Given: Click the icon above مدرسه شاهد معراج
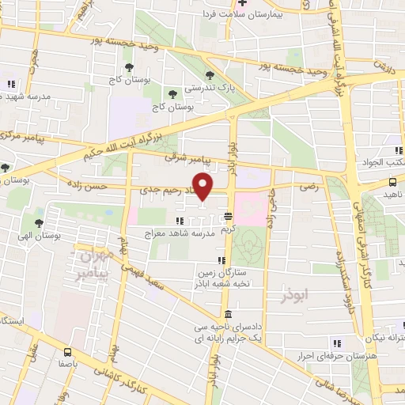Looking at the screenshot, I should [x=168, y=220].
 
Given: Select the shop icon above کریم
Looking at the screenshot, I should [x=227, y=215].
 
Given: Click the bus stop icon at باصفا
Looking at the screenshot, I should [x=67, y=353].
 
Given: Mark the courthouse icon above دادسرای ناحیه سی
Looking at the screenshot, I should [x=228, y=314].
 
